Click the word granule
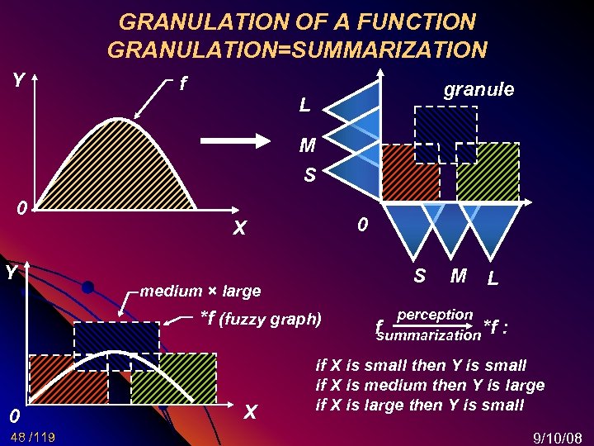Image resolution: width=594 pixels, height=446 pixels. click(478, 89)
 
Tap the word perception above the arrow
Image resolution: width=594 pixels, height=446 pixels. click(435, 315)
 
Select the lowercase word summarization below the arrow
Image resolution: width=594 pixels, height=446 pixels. click(427, 335)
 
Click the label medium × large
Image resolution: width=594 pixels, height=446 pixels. click(200, 291)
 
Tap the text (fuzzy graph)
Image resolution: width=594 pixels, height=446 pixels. click(273, 318)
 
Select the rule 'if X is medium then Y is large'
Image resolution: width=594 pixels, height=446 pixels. click(430, 385)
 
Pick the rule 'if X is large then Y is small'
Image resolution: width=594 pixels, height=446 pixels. click(420, 405)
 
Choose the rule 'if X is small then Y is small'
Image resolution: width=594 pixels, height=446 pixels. click(421, 365)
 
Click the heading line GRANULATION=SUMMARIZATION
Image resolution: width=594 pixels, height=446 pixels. click(297, 50)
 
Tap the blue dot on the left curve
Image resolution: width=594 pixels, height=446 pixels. click(87, 287)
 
